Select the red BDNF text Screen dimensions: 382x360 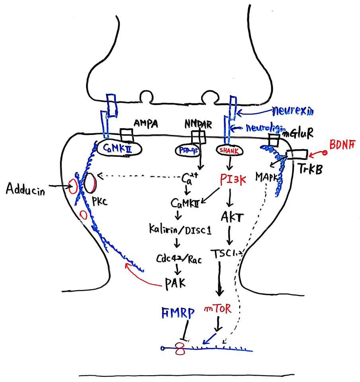[x=342, y=145]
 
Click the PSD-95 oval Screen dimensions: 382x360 [x=185, y=150]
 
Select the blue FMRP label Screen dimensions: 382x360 [x=177, y=313]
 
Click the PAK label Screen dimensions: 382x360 [x=176, y=283]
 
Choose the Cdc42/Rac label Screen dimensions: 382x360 [x=178, y=260]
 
